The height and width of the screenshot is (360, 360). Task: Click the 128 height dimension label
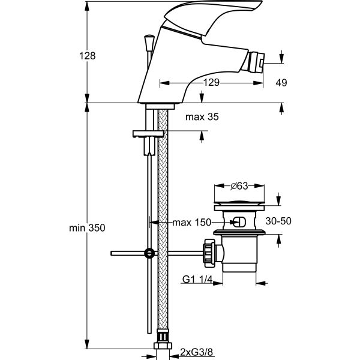click(88, 56)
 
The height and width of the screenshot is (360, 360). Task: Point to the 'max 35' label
click(202, 118)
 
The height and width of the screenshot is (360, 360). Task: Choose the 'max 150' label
click(191, 223)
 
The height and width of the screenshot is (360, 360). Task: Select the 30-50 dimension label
click(278, 221)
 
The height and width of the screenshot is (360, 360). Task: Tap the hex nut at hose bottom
click(162, 346)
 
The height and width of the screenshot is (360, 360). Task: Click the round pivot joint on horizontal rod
click(148, 254)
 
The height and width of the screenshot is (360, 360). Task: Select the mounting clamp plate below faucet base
click(148, 133)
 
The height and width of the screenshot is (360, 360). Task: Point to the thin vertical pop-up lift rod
click(148, 288)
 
